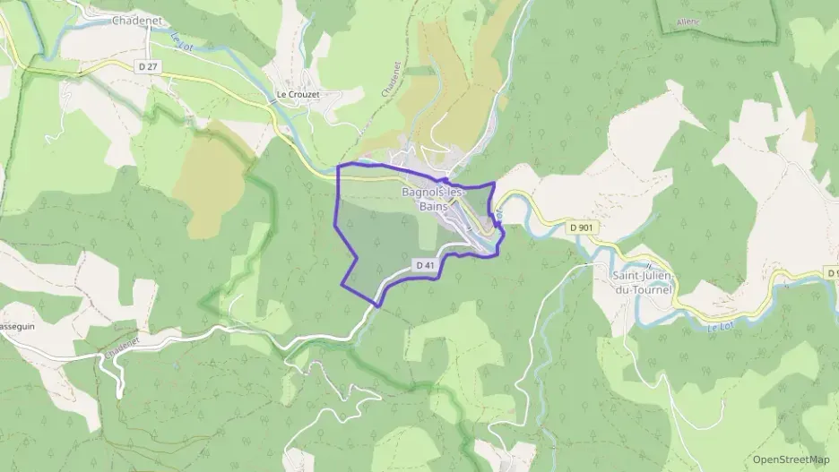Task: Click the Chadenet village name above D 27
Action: tap(135, 21)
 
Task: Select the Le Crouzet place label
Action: tap(298, 94)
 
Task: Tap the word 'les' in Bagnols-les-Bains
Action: tap(457, 193)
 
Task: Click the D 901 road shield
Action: tap(581, 228)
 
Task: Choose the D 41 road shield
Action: tap(426, 265)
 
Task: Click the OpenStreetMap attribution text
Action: tap(791, 459)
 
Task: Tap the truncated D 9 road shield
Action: tap(832, 271)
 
